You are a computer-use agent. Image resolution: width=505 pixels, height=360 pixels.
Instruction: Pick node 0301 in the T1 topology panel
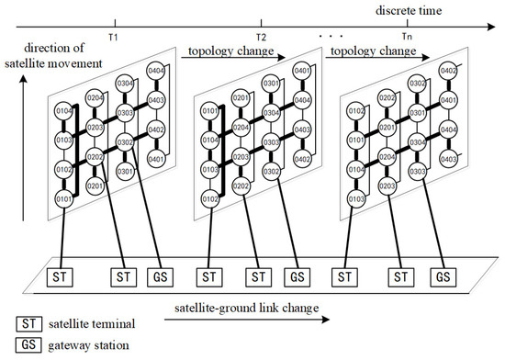point(127,171)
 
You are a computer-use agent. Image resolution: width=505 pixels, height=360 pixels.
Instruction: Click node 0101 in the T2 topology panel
point(209,112)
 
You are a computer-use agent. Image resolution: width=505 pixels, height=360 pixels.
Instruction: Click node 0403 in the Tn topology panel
point(448,159)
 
